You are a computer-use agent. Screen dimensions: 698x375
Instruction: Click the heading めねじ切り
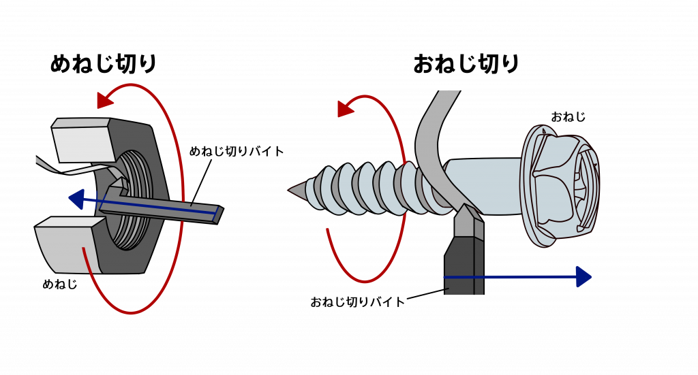(x=104, y=64)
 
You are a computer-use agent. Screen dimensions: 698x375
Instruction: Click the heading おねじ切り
(x=466, y=64)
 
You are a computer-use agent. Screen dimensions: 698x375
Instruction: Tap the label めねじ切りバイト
(x=237, y=152)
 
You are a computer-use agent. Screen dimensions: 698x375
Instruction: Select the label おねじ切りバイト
(x=357, y=302)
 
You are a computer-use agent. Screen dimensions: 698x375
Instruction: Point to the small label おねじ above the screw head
(x=568, y=117)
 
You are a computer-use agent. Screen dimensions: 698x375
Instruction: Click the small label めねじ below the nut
(x=60, y=284)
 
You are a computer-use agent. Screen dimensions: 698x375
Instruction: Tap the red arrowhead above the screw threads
(x=346, y=108)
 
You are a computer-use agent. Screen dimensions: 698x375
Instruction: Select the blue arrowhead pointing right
(x=583, y=277)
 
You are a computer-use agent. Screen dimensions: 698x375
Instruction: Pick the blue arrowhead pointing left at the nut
(x=76, y=199)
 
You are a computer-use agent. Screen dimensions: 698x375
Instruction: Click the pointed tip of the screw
(x=290, y=190)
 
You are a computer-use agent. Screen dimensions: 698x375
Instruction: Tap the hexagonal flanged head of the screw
(x=560, y=185)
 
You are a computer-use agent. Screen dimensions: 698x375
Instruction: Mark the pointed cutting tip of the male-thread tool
(x=464, y=206)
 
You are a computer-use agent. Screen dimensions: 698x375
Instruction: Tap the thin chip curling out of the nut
(x=74, y=166)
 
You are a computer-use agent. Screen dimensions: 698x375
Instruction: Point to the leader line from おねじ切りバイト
(x=425, y=294)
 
